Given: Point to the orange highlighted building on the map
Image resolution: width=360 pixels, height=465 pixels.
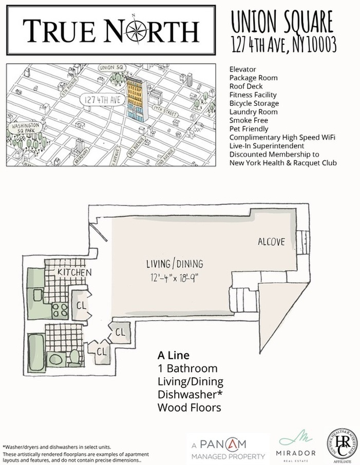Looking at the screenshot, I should coord(135,98).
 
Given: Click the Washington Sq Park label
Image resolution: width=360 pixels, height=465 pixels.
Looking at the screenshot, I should coord(25,128).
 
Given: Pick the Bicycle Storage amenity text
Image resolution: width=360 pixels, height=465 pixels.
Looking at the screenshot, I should coord(254,103).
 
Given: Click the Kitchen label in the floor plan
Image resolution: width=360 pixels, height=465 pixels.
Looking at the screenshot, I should coord(74,272).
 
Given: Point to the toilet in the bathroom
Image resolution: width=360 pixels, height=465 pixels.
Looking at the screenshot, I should coord(74,356).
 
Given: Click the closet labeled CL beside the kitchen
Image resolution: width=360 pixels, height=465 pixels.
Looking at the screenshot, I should coord(81,305).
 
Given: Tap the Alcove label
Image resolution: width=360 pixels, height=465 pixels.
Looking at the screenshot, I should coord(271,241).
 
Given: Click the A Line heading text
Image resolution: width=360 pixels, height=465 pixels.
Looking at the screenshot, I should coord(174,356).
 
